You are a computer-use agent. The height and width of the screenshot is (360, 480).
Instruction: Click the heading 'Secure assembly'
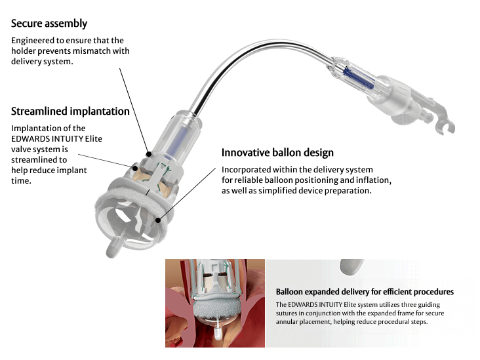pyautogui.click(x=49, y=24)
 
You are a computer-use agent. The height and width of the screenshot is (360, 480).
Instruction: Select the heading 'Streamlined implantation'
pyautogui.click(x=70, y=111)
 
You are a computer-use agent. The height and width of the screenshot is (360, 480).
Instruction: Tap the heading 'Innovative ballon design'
pyautogui.click(x=277, y=152)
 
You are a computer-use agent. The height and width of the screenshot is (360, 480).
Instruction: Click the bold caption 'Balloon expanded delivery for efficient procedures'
pyautogui.click(x=365, y=292)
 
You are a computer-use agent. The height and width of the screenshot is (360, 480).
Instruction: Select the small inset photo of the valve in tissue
pyautogui.click(x=214, y=302)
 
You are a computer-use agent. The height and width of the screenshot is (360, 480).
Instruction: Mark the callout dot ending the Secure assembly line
pyautogui.click(x=150, y=155)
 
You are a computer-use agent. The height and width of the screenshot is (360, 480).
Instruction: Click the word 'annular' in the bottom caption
pyautogui.click(x=290, y=321)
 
